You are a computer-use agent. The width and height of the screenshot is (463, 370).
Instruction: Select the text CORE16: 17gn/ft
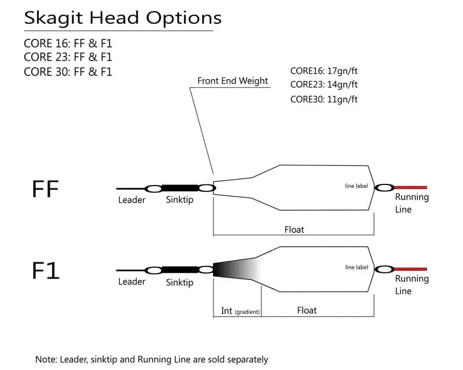pos(324,71)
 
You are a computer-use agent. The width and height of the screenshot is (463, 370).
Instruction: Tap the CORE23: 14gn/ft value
pos(324,84)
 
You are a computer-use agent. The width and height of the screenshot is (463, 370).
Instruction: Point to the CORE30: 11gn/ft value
pos(324,99)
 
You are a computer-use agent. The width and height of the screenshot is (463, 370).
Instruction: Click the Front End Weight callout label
pos(233,80)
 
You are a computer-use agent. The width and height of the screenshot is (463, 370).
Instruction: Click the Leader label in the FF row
pos(131,200)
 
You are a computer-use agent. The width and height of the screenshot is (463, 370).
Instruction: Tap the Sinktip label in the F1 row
pos(179,283)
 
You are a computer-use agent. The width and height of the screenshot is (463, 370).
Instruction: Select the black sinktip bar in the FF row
pos(179,188)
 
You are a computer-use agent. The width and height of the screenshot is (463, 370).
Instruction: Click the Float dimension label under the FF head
pos(294,230)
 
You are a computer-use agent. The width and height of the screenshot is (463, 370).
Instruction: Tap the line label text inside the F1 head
pos(357,267)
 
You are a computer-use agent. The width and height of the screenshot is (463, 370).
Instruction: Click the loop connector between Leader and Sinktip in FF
pos(153,188)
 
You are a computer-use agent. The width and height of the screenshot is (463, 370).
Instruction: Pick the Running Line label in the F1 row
pos(411,284)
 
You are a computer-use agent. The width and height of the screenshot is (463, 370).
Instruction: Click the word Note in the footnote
pos(46,359)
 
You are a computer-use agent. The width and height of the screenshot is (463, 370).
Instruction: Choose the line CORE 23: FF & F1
pos(68,57)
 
